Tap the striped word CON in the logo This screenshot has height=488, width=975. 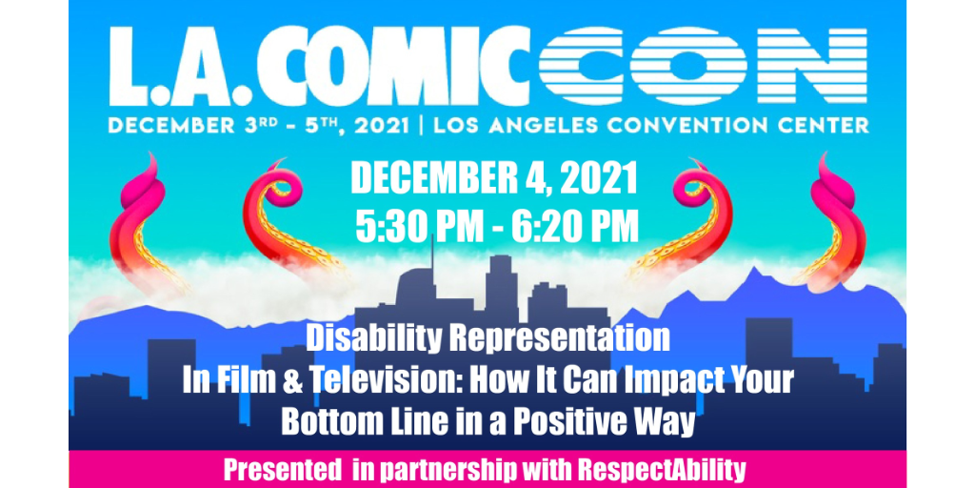(703, 66)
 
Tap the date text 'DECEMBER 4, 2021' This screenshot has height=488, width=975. (495, 177)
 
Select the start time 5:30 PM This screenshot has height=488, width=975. (419, 227)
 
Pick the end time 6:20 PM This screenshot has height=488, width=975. (575, 227)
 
